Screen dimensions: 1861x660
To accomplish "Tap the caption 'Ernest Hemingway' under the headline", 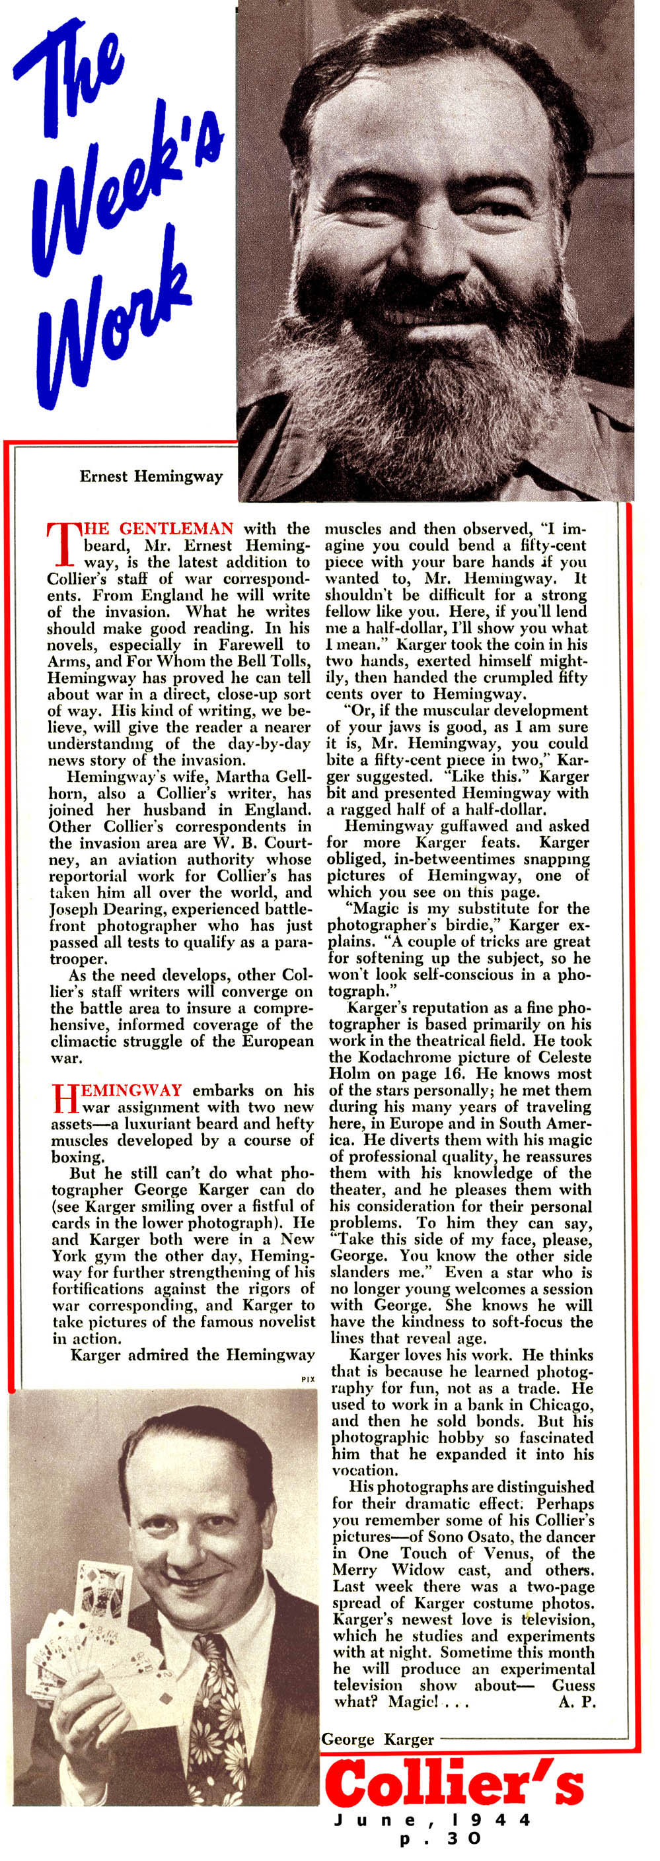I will point(151,477).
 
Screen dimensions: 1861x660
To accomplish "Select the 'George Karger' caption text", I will point(377,1739).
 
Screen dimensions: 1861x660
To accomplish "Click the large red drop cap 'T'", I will point(61,545).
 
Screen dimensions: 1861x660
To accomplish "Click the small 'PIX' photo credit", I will point(308,1379).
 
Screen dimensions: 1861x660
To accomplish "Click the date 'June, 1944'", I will point(431,1820).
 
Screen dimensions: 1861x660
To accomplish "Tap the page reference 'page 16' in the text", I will point(435,1074).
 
